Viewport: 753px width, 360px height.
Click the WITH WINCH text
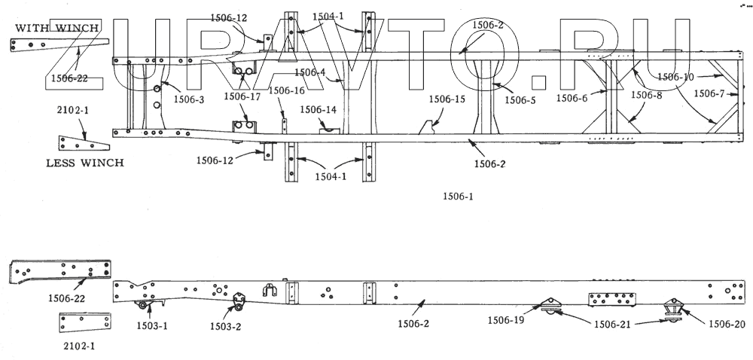point(57,28)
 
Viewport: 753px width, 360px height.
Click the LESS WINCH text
point(84,163)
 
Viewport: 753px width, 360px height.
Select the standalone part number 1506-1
point(458,196)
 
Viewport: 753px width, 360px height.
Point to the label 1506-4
point(309,72)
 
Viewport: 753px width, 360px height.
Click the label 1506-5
point(520,100)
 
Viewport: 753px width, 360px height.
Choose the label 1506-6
point(572,98)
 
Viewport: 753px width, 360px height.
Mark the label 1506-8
point(646,95)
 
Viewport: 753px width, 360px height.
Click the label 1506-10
point(675,76)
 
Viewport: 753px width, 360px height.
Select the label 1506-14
point(318,109)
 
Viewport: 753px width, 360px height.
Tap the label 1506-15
point(447,99)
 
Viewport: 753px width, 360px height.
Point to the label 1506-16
point(286,90)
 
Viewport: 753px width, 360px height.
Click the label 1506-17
point(242,96)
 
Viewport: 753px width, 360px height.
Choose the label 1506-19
point(506,319)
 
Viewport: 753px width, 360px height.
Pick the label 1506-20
point(727,325)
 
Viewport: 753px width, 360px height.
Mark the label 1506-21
point(612,324)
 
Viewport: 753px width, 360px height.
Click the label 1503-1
point(151,325)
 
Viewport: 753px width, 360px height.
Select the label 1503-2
point(225,326)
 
